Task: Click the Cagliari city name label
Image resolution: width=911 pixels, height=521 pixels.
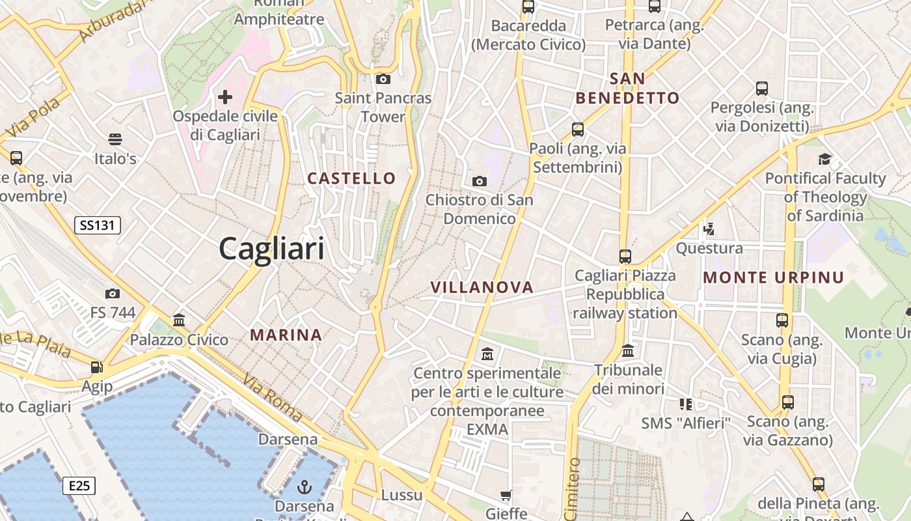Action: click(271, 249)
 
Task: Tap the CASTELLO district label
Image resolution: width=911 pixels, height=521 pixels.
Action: click(351, 178)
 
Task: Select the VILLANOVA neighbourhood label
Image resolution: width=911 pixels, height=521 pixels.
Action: click(482, 287)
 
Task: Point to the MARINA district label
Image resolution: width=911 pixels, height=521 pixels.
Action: click(286, 335)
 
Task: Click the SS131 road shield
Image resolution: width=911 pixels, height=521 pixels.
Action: click(98, 226)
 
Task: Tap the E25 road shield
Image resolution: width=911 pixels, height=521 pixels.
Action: click(79, 486)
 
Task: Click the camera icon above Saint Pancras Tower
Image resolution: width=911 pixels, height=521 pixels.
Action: click(383, 79)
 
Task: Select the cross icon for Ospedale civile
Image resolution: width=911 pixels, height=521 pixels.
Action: click(225, 98)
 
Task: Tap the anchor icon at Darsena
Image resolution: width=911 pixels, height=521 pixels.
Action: click(304, 486)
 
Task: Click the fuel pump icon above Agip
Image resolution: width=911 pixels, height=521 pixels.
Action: click(97, 367)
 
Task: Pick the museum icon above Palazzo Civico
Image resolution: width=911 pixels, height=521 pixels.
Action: click(179, 320)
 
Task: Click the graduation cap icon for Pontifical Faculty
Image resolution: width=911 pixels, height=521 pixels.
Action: click(825, 159)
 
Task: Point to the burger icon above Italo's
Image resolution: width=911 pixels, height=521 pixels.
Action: click(115, 139)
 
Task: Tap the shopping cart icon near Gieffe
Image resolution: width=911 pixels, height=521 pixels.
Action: click(506, 496)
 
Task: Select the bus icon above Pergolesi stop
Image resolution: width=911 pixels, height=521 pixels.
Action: click(762, 89)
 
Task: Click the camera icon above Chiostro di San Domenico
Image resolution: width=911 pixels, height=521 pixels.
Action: click(480, 181)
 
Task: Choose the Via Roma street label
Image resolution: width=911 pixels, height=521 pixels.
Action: click(273, 397)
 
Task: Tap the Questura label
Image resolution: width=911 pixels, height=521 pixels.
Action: click(709, 248)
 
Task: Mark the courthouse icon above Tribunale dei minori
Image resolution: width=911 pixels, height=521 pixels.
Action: click(628, 351)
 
